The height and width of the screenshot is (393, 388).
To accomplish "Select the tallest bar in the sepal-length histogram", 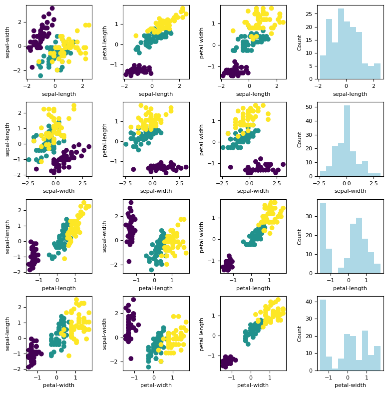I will click(x=341, y=44).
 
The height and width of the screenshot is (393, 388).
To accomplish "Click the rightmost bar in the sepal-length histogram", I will click(x=377, y=71).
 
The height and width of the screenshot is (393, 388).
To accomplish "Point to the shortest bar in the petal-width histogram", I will click(x=335, y=369).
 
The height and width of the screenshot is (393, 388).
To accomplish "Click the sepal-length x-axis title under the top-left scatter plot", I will click(x=59, y=94).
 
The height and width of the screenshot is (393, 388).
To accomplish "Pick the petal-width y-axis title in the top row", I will click(x=202, y=42).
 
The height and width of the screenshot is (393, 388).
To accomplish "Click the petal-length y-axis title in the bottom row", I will click(x=202, y=333).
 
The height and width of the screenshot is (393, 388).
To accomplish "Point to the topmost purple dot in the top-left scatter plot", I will click(x=52, y=8).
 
